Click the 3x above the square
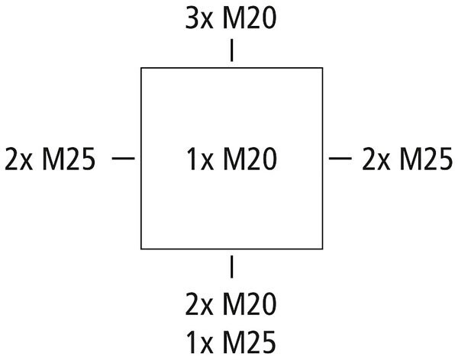(198, 18)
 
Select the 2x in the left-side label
(18, 159)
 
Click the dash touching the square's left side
(124, 158)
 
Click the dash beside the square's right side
(340, 158)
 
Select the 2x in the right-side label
(375, 159)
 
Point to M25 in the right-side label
(424, 159)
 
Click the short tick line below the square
(231, 267)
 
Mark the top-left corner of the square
(141, 69)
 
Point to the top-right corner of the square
(321, 69)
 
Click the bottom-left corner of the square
(141, 248)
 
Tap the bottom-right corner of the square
(321, 248)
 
